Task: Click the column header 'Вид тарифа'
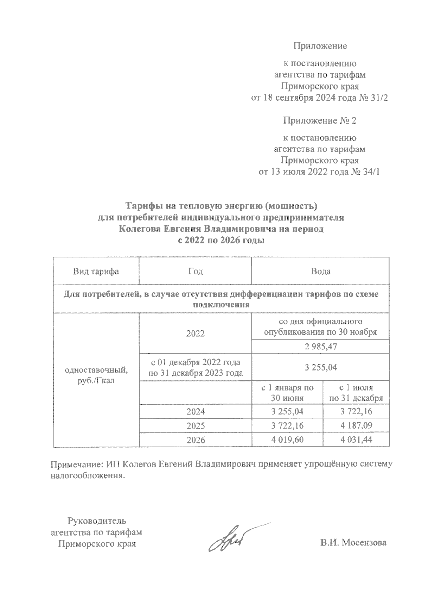tap(96, 272)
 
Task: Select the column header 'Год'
tap(196, 272)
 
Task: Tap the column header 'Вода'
tap(320, 272)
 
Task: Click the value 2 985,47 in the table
tap(320, 347)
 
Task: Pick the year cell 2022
tap(196, 334)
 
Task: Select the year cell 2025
tap(196, 426)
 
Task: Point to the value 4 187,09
tap(356, 426)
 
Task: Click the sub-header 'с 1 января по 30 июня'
tap(287, 393)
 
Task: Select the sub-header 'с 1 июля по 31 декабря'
tap(356, 393)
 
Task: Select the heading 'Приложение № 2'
tap(320, 121)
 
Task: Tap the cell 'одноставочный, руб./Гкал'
tap(96, 375)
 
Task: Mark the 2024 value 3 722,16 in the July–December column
tap(356, 411)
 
